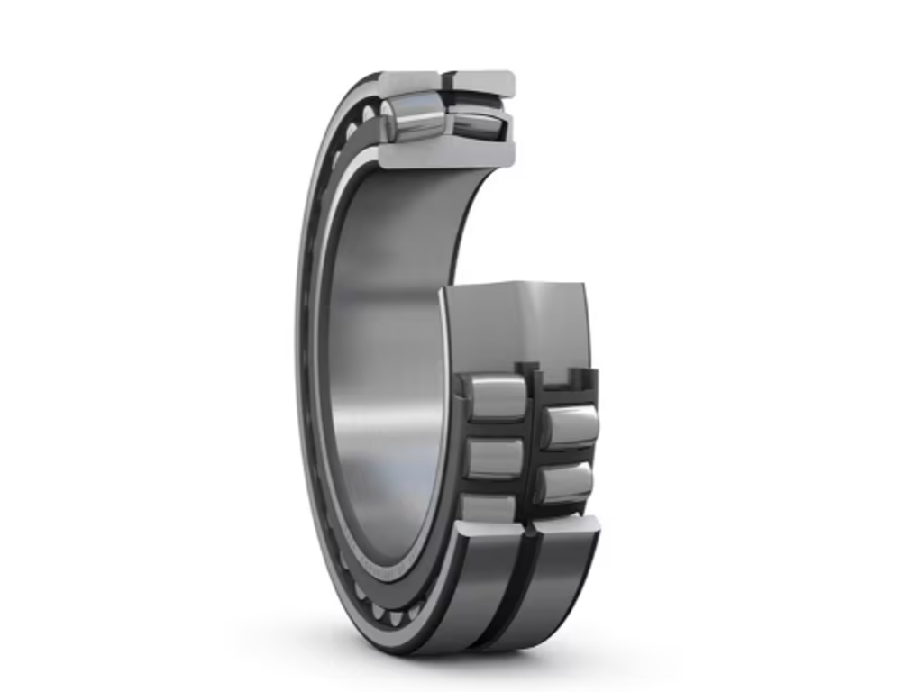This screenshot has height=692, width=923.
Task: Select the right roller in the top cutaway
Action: click(476, 124)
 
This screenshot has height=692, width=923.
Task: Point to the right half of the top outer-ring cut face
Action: click(483, 84)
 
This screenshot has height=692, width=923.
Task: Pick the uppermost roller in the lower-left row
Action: click(496, 397)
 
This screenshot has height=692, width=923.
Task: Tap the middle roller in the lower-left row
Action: click(495, 458)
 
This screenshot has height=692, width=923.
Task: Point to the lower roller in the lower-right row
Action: click(566, 483)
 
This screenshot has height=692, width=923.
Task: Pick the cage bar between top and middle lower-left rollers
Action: click(496, 429)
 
